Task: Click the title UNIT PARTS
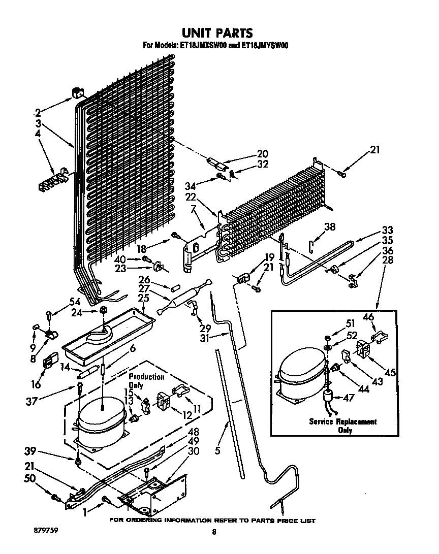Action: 217,33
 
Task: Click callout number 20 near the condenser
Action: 263,153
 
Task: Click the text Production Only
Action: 146,381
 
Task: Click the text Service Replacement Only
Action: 343,426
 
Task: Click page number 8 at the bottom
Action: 214,532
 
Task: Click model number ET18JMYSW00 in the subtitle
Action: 261,45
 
